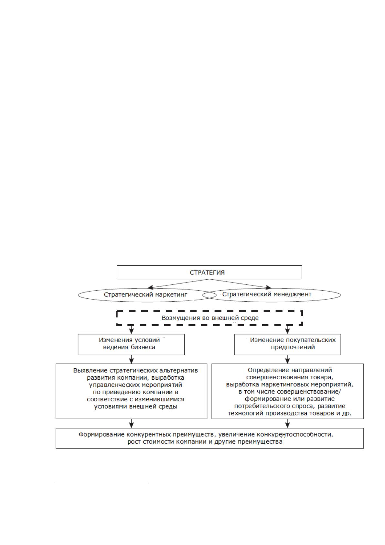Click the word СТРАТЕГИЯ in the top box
click(x=207, y=272)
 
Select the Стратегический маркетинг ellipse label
click(x=145, y=295)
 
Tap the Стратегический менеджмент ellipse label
click(x=267, y=295)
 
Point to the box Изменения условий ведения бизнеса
click(x=131, y=344)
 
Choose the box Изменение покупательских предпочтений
click(x=287, y=344)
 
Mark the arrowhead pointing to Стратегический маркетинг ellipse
click(x=150, y=287)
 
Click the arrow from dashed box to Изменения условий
click(x=131, y=330)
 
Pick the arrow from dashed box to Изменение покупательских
click(x=287, y=330)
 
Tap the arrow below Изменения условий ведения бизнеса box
click(x=131, y=359)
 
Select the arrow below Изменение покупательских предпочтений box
click(x=287, y=359)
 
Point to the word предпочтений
click(x=293, y=347)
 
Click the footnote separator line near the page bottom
click(x=102, y=483)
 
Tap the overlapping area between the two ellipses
click(x=209, y=295)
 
